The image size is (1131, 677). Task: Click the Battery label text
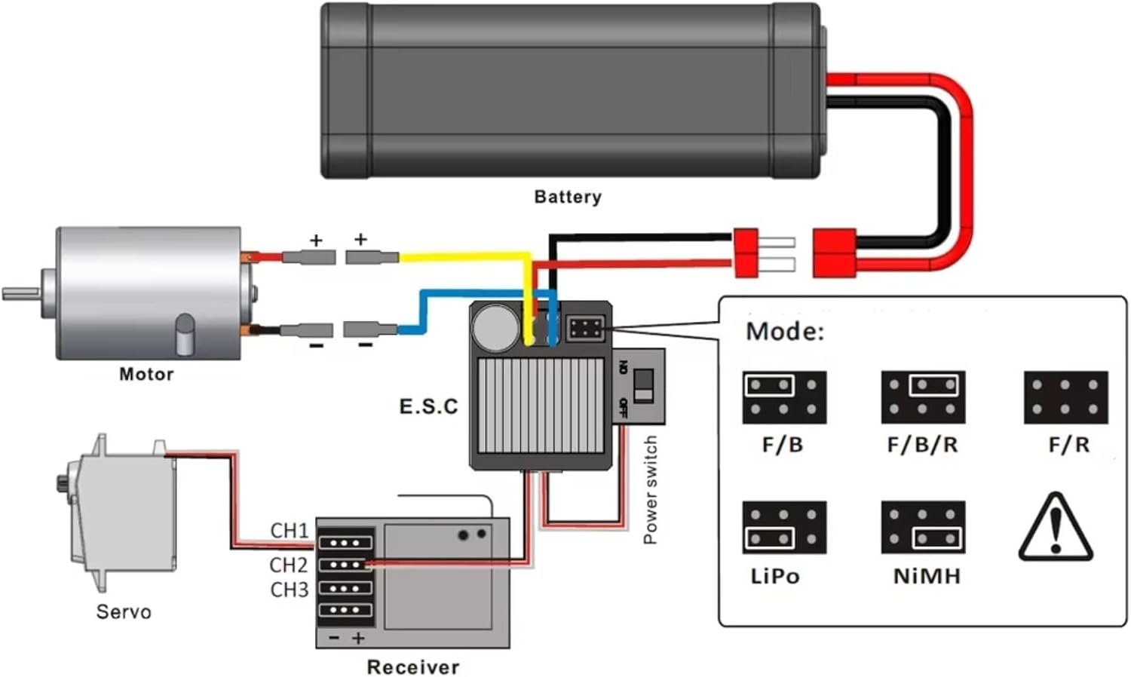click(567, 197)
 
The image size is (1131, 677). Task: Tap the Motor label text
click(146, 374)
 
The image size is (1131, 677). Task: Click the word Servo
click(123, 611)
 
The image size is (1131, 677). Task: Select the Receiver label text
click(412, 666)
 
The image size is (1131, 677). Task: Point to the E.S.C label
click(428, 407)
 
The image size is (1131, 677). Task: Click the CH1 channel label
click(289, 531)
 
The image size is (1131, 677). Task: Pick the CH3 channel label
click(289, 590)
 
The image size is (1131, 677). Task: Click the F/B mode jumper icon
click(784, 397)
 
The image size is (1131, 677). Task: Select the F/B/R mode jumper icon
click(923, 397)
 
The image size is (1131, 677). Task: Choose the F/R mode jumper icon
click(1065, 397)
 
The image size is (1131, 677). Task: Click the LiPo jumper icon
click(784, 527)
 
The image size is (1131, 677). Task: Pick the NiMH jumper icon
click(923, 527)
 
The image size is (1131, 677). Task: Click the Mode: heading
click(785, 332)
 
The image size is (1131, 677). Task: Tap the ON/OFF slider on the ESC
click(643, 385)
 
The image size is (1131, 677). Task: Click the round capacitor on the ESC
click(495, 327)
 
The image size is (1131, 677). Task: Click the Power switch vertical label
click(650, 490)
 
